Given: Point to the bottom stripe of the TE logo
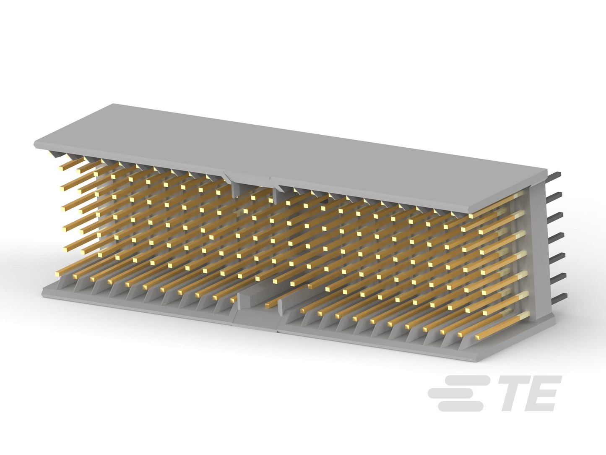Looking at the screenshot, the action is coord(461,406).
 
